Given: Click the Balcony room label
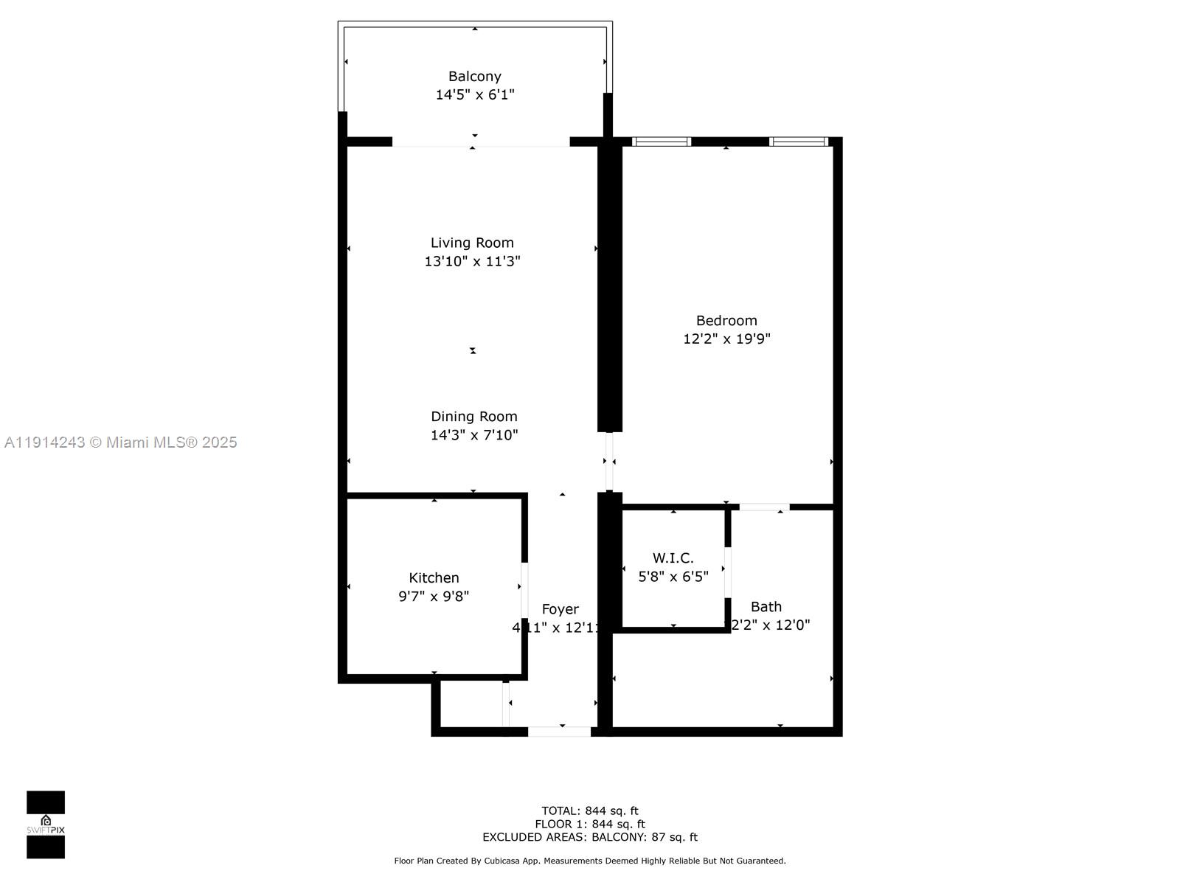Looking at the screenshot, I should (474, 77).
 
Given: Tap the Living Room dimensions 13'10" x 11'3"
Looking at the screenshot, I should (472, 261).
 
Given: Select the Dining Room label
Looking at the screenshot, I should (473, 417).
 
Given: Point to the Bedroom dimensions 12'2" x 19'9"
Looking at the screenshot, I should (726, 339).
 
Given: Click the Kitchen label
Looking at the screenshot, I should (434, 578).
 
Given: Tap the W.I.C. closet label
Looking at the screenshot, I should (673, 558).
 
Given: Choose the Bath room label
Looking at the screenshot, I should (766, 607).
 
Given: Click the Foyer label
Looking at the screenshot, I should (560, 609).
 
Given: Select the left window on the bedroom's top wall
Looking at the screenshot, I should (661, 142).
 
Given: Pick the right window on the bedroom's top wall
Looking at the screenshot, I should (798, 142).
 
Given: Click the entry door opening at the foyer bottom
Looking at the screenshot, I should (559, 732).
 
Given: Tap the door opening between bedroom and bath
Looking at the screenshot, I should (764, 507).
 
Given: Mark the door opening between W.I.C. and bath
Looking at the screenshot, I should (727, 572).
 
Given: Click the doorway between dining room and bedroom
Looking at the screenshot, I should (609, 462).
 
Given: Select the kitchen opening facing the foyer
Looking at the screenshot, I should (524, 590).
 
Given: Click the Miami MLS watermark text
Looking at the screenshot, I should (121, 442).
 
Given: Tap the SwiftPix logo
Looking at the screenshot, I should (46, 825).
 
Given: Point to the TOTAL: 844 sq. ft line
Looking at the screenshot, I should (589, 811).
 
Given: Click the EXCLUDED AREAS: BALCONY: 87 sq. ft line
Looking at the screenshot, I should (589, 837).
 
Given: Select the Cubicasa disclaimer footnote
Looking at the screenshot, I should (589, 861).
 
